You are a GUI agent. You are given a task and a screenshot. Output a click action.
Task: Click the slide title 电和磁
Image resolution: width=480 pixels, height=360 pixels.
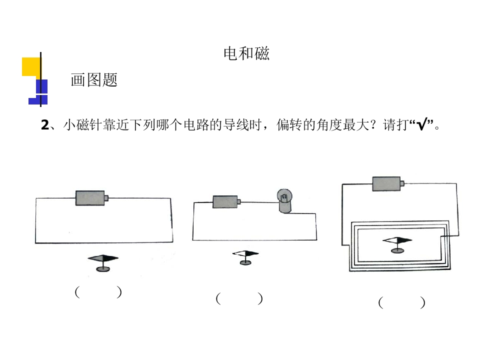click(x=246, y=53)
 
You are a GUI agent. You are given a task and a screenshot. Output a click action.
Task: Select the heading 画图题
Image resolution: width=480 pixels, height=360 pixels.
click(x=94, y=80)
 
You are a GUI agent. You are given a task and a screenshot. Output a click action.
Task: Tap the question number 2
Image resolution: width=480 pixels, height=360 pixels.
click(x=44, y=125)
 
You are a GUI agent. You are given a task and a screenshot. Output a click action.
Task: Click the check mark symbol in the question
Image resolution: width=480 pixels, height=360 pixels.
click(x=422, y=124)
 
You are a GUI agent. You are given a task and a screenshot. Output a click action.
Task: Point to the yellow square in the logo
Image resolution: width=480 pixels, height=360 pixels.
click(x=31, y=66)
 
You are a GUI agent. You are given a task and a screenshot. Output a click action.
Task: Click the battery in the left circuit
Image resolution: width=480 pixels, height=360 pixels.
click(x=91, y=198)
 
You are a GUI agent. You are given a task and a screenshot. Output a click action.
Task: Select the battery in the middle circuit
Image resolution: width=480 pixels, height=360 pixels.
click(x=226, y=201)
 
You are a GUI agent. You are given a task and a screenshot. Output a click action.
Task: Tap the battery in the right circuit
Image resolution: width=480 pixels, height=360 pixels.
click(x=388, y=183)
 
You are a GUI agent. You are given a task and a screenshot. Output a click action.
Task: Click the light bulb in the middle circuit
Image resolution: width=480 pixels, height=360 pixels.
click(x=284, y=201)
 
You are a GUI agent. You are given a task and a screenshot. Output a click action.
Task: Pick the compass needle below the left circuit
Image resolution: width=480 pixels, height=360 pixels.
click(x=103, y=258)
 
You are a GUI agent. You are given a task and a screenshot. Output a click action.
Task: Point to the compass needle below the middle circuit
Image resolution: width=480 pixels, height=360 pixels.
click(x=245, y=253)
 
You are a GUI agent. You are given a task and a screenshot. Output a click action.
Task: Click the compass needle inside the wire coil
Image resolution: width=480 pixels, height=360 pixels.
click(x=397, y=240)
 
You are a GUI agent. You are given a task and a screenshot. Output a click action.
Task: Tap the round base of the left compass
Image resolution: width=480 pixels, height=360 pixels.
click(x=103, y=269)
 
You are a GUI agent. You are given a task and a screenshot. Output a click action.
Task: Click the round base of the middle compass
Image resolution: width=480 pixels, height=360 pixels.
click(x=245, y=262)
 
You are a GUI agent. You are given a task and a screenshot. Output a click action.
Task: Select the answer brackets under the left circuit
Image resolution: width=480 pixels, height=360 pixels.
click(x=98, y=292)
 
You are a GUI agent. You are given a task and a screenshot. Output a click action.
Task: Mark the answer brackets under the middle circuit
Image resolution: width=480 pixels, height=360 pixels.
click(x=239, y=298)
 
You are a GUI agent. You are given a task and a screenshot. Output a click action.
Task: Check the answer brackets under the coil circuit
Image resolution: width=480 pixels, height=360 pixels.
click(x=401, y=302)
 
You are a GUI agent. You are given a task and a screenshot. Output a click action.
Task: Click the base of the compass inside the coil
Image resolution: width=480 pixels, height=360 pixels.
click(x=397, y=250)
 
